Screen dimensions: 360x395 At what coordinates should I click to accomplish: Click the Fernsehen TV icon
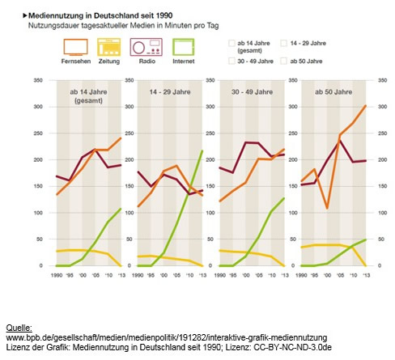(x=75, y=47)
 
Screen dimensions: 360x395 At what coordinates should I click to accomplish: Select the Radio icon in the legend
(x=148, y=47)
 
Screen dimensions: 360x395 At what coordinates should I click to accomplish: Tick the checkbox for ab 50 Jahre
(x=283, y=61)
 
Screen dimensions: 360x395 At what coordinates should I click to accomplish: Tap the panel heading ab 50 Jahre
(x=329, y=94)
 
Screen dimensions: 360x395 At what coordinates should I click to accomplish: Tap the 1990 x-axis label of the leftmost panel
(x=57, y=276)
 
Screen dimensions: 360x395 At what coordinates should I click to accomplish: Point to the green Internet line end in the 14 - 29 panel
(x=202, y=151)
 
